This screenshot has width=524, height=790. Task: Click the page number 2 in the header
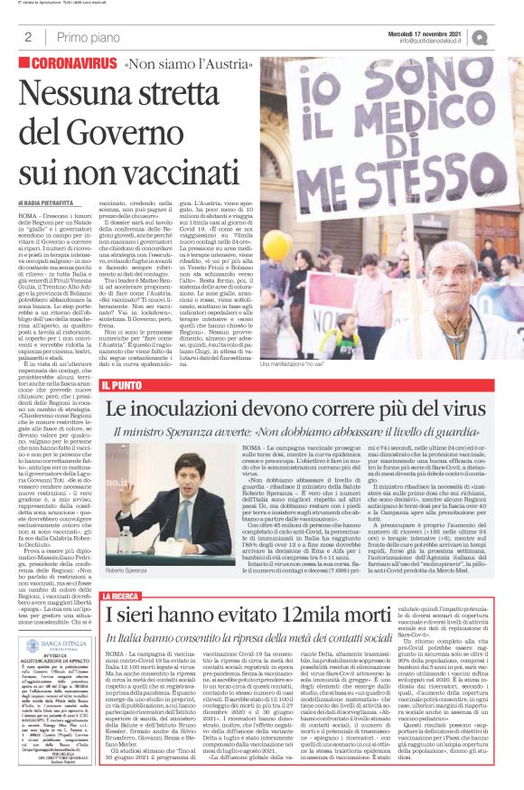(28, 37)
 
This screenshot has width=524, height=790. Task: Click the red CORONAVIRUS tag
(70, 64)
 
